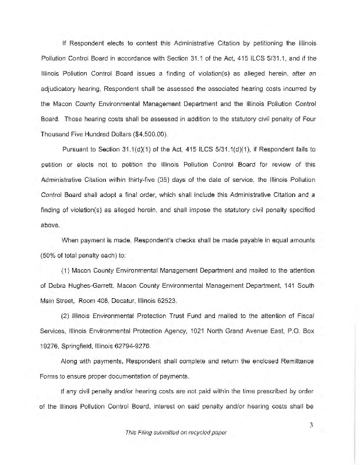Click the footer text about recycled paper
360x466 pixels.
[179, 433]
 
